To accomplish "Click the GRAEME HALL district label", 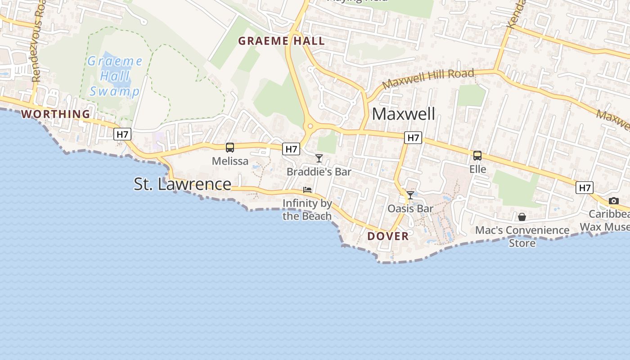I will (281, 41).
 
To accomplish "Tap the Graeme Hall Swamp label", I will (115, 76).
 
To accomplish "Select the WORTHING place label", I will (56, 114).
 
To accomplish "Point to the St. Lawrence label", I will (183, 184).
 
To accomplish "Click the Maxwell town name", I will (404, 114).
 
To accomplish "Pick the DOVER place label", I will (388, 236).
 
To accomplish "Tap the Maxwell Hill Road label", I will (428, 79).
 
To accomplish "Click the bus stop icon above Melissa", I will (230, 147).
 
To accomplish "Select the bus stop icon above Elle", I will (477, 156).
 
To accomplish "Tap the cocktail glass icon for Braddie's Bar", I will (319, 158).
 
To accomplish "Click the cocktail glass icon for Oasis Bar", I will (410, 195).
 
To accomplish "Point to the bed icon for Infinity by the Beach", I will (307, 190).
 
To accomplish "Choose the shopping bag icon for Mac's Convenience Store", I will (522, 217).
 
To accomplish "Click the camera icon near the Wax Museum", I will (614, 201).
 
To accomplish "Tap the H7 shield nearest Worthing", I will (122, 134).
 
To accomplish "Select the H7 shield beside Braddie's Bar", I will (291, 149).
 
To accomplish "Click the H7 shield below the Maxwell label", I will (413, 138).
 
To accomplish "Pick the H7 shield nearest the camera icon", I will (585, 187).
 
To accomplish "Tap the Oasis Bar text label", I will (410, 208).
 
